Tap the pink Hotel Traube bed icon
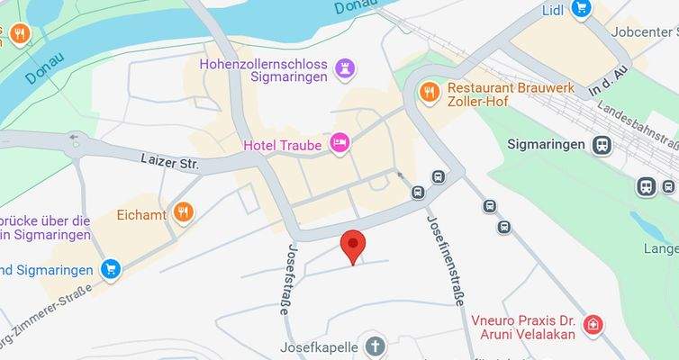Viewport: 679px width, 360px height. [x=339, y=143]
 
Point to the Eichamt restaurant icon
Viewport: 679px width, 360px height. [x=184, y=212]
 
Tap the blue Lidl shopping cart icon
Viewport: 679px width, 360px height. [x=581, y=9]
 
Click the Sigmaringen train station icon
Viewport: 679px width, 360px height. [x=601, y=144]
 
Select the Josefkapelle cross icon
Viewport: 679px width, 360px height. [x=375, y=346]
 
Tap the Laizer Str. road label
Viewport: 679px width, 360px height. [x=169, y=162]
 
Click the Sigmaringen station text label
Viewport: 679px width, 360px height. [x=547, y=144]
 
